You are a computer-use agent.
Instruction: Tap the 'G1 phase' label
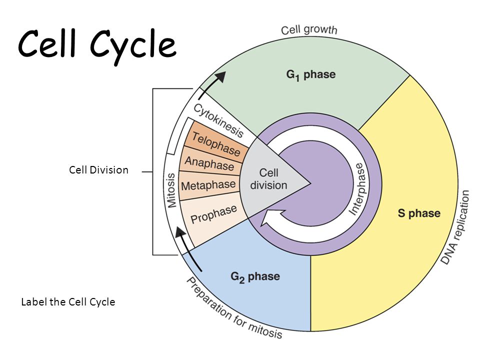(310, 75)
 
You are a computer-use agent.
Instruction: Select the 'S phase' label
(419, 213)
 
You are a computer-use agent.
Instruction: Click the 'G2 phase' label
(255, 276)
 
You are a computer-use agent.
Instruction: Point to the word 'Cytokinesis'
(218, 120)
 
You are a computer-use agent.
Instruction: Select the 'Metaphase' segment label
(208, 185)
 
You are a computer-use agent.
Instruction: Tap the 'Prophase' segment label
(213, 214)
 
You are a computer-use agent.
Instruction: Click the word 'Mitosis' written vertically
(171, 190)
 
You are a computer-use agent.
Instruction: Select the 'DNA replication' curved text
(456, 227)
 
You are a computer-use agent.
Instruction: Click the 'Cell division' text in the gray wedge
(268, 179)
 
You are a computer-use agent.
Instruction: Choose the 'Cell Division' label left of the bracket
(98, 170)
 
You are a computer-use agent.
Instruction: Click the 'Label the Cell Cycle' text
(68, 302)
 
